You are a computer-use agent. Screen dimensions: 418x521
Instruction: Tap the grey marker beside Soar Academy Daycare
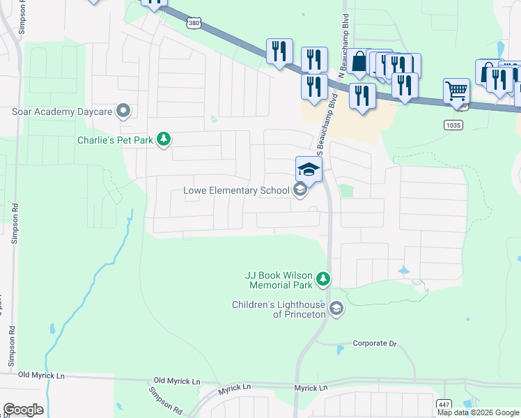[124, 111]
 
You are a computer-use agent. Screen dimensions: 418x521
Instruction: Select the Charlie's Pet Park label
[115, 140]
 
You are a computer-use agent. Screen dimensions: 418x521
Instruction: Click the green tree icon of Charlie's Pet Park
[164, 140]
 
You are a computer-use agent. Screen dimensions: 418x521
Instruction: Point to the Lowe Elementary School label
[236, 190]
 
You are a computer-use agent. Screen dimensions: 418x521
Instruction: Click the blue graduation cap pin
[309, 169]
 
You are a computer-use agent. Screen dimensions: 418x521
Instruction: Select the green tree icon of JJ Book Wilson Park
[322, 280]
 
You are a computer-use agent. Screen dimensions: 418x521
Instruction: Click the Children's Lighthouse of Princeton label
[279, 309]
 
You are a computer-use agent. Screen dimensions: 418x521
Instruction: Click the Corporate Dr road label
[374, 343]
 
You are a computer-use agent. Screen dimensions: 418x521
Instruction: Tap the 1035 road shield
[453, 123]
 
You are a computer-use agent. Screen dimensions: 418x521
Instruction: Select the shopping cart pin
[456, 91]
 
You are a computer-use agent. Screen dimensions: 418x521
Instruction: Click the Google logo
[23, 410]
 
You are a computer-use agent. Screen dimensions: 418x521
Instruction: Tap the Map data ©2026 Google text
[478, 412]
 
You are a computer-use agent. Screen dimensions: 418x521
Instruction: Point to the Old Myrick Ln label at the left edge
[41, 376]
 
